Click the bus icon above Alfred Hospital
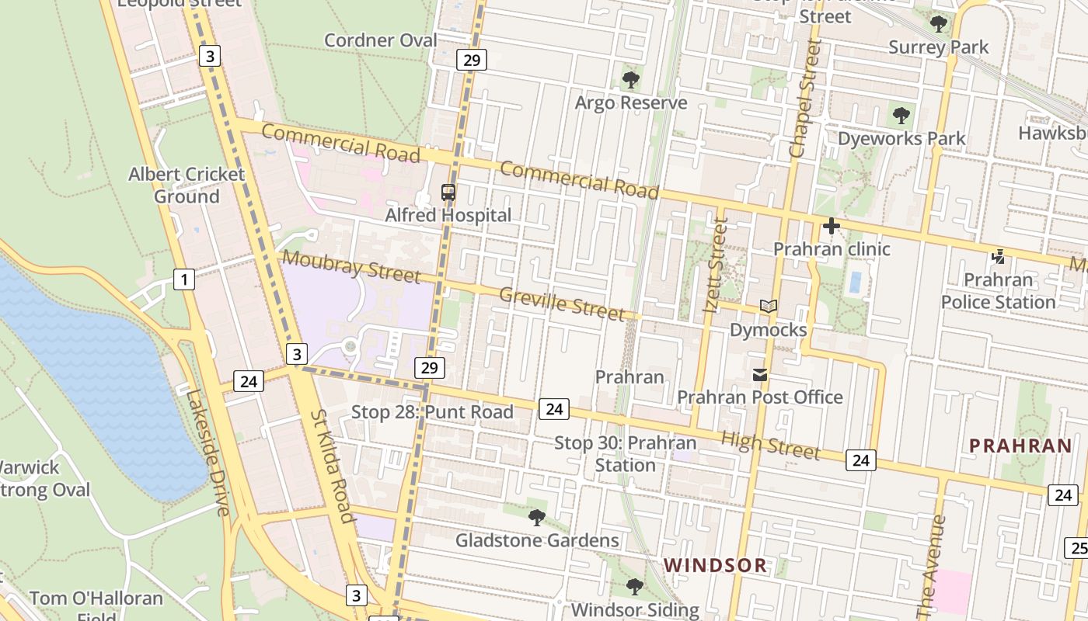[448, 192]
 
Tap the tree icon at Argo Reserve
[631, 79]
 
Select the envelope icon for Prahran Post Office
[760, 376]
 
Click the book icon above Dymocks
[769, 307]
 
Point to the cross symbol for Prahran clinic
[831, 227]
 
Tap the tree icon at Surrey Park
[939, 24]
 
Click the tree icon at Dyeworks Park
[901, 116]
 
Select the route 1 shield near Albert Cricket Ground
[184, 279]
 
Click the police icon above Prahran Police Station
[999, 256]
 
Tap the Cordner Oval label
[381, 40]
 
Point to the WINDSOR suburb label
[716, 565]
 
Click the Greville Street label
[562, 304]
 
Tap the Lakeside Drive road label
[207, 452]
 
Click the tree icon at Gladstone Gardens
[536, 517]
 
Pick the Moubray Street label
[351, 266]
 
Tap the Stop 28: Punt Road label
[432, 411]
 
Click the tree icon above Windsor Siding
[635, 587]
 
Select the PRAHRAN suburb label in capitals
[1020, 446]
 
